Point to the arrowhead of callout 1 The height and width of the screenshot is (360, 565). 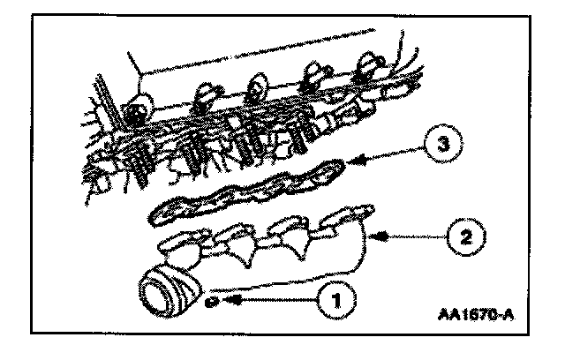[x=225, y=300]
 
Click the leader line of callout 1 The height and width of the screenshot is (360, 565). [x=274, y=300]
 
